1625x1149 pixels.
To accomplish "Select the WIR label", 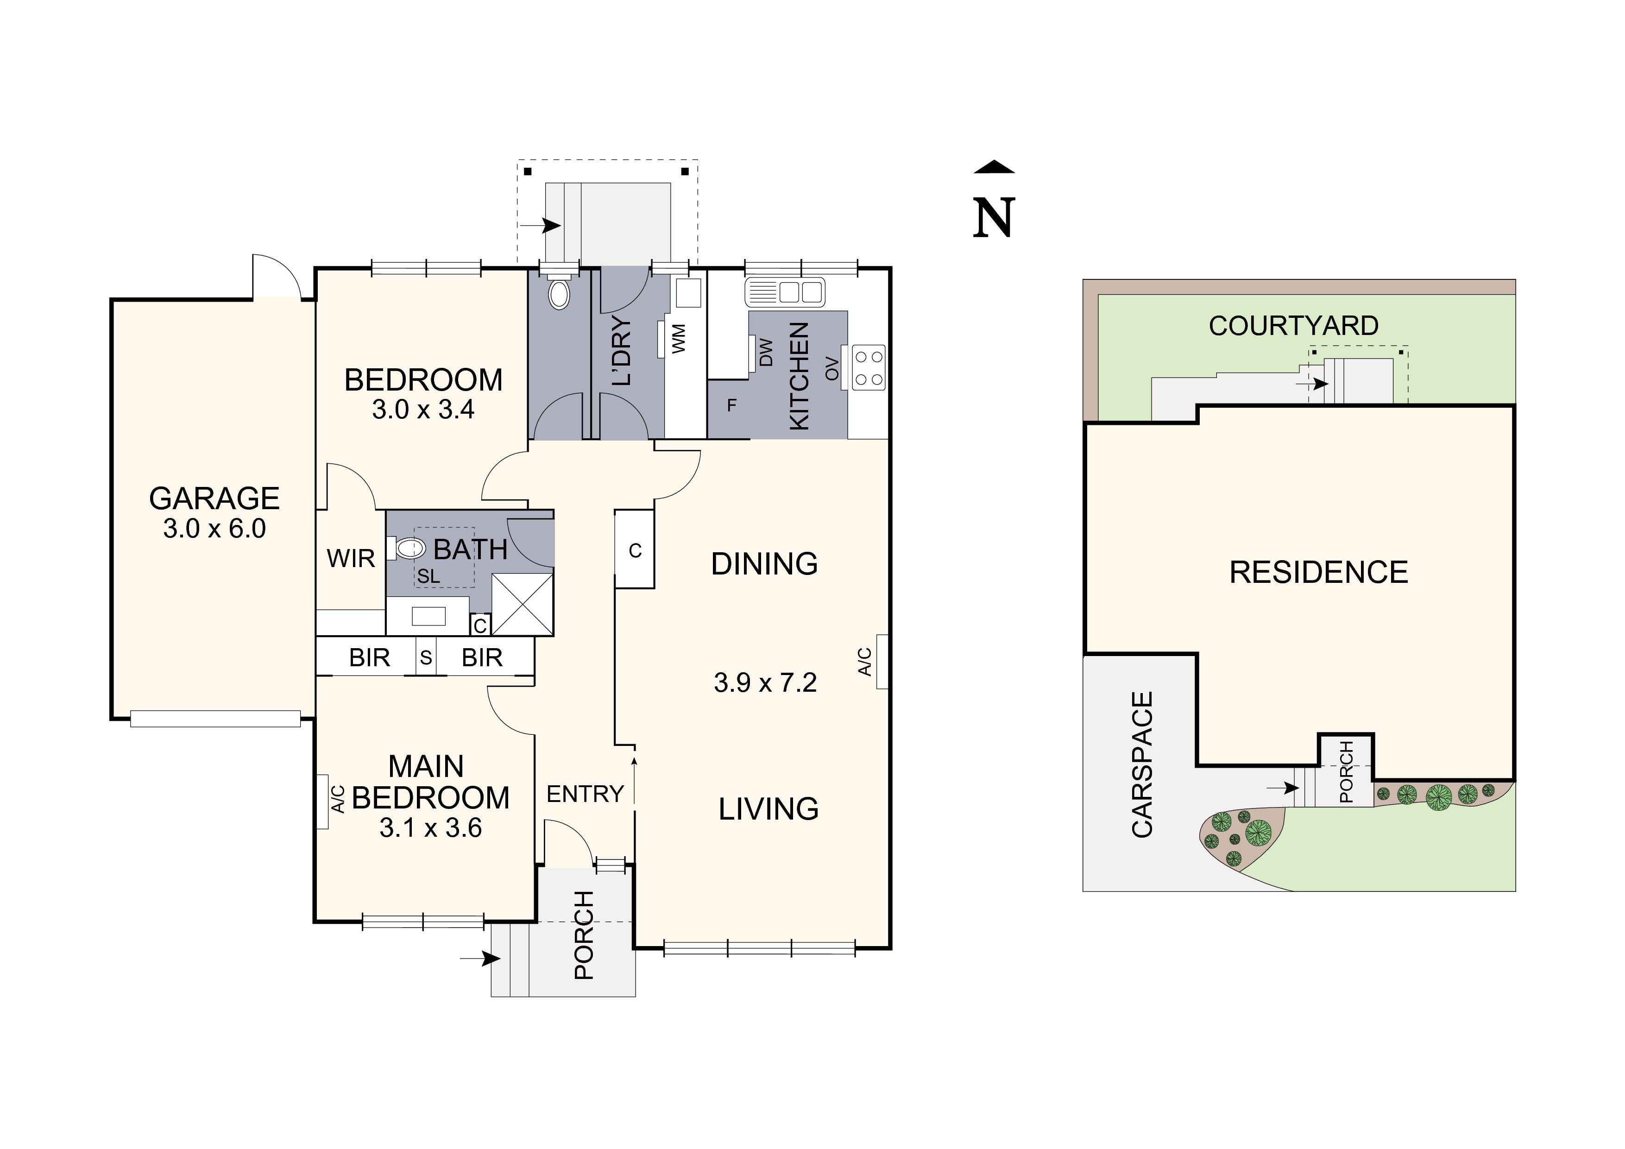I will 350,559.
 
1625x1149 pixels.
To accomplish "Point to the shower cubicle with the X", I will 523,604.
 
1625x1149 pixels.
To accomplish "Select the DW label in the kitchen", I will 766,353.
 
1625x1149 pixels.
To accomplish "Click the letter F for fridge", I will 732,406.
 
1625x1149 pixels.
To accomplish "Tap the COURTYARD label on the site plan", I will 1293,326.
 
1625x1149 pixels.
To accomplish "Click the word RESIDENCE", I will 1318,572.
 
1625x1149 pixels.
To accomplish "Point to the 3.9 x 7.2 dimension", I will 765,682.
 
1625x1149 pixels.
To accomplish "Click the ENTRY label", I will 585,794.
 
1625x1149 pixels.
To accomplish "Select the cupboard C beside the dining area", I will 635,550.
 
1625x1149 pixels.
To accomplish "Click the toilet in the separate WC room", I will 559,295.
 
